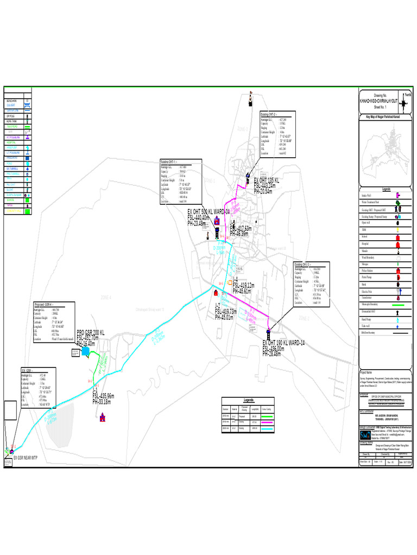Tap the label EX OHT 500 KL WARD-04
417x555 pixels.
coord(209,211)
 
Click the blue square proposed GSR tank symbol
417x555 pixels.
coord(86,352)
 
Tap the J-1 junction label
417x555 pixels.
coord(95,390)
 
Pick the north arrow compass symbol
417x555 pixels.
coord(408,98)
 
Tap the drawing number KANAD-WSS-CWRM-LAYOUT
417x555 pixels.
coord(378,102)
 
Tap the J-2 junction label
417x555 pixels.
coord(218,306)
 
